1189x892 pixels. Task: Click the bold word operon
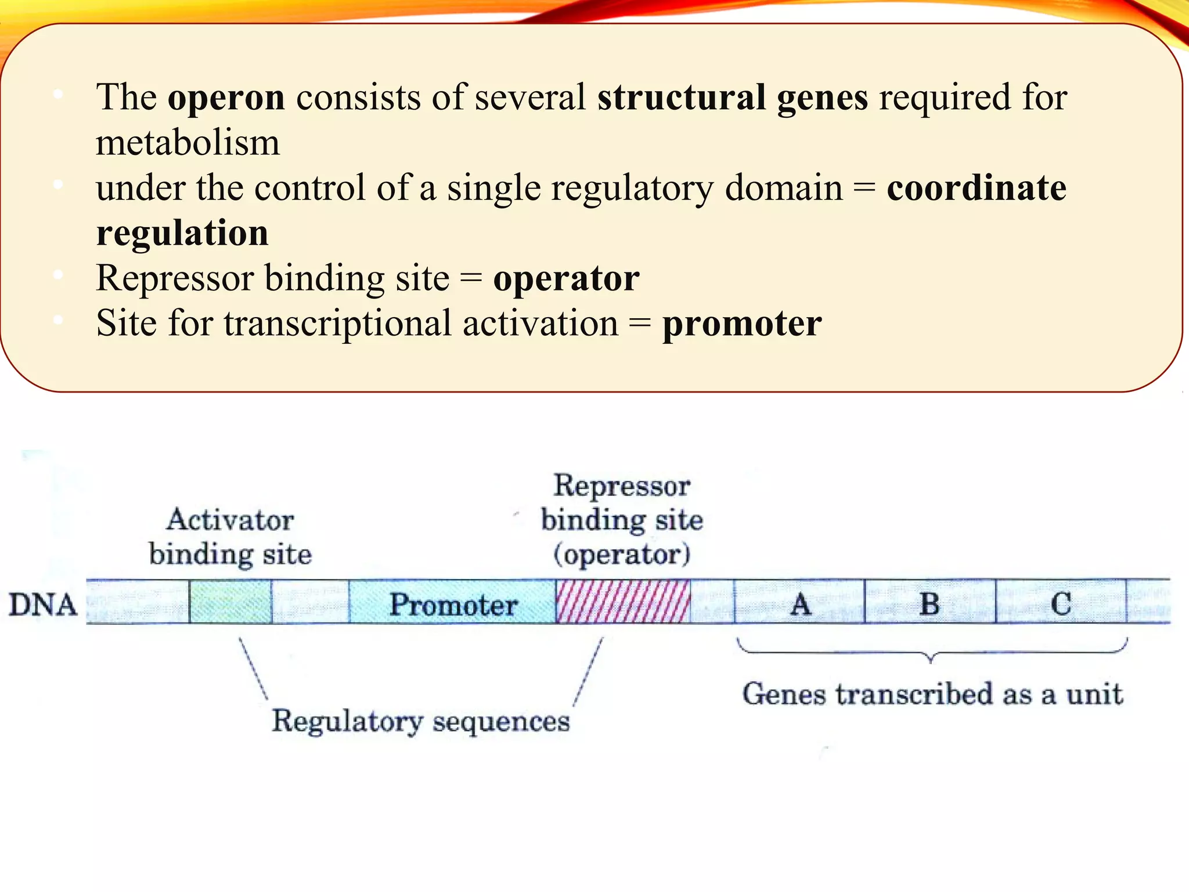point(226,98)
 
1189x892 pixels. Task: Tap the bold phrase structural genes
point(733,98)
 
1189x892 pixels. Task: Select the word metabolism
point(188,143)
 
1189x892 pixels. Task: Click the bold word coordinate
point(977,188)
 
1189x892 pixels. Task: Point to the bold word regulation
point(182,233)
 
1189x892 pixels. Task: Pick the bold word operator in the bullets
point(566,279)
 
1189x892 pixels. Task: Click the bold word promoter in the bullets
point(742,324)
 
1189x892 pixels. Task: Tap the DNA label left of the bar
point(42,605)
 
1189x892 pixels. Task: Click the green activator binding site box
point(230,602)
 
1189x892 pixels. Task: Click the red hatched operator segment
point(623,602)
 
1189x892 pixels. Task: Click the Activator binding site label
point(230,537)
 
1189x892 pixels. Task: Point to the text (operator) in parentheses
point(622,555)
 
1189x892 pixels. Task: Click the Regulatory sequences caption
point(421,722)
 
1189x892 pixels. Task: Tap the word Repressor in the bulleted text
point(175,279)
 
